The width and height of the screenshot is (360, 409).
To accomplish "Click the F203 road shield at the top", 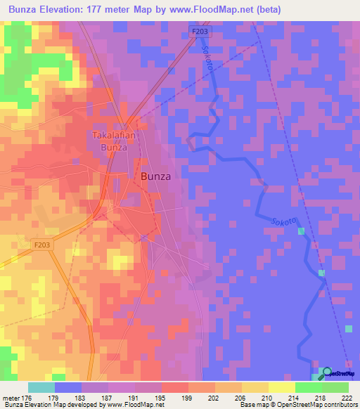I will point(200,31).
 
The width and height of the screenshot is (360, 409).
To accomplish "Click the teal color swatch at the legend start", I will point(41,387).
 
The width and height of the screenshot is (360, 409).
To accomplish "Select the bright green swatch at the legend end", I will point(335,387).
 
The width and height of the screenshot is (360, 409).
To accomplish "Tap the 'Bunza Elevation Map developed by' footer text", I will point(49,405).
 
